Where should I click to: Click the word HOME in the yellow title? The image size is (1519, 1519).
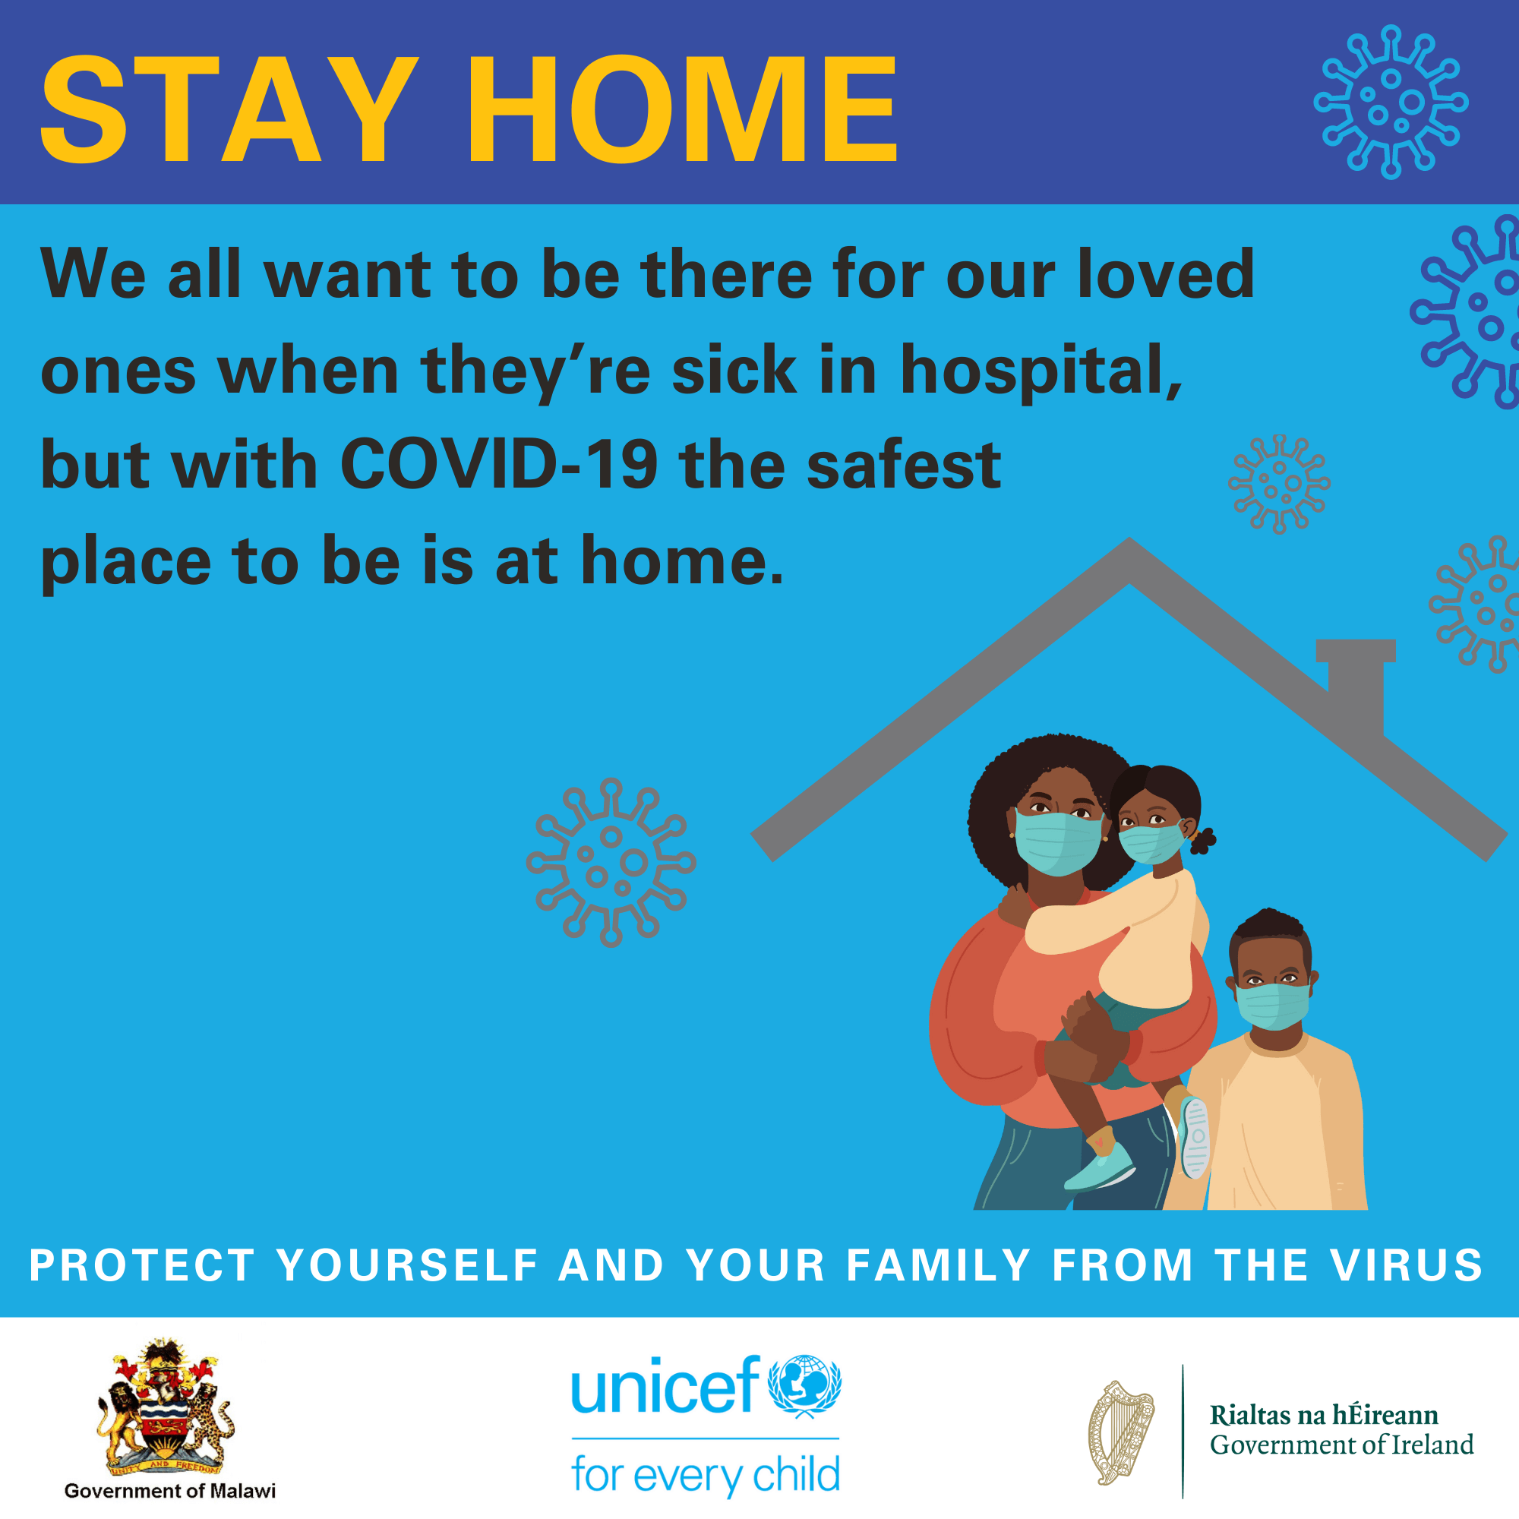point(683,109)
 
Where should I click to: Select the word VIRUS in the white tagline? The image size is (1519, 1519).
point(1407,1265)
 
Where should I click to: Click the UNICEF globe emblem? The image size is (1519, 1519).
point(804,1386)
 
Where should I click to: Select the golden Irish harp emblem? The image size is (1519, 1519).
point(1120,1433)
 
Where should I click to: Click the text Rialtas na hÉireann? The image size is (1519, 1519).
point(1324,1415)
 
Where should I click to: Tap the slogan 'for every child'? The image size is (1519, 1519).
point(706,1475)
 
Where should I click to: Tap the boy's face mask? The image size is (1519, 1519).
point(1273,1006)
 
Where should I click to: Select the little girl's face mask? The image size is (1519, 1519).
point(1151,843)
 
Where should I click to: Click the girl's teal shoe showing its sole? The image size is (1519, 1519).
point(1195,1138)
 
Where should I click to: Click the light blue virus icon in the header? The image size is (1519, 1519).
point(1391,103)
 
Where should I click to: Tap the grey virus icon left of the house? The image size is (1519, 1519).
point(611,863)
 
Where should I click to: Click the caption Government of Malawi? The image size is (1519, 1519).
point(170,1491)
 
